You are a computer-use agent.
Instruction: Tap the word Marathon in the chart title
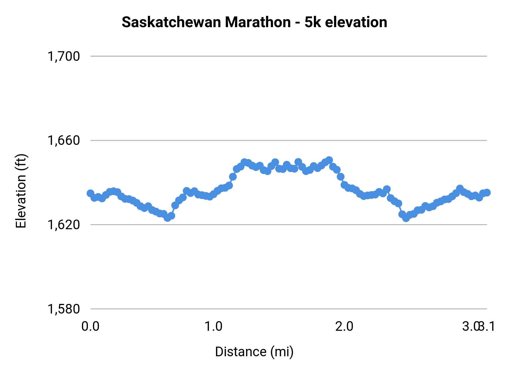258,22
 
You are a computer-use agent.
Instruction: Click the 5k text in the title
313,22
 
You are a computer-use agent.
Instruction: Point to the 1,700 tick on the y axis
64,56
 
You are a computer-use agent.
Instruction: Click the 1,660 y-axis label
64,140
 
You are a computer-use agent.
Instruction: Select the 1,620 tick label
64,225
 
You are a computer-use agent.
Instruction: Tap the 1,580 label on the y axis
64,309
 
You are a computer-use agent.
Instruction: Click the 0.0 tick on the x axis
90,326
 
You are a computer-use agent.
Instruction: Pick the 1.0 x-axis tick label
213,326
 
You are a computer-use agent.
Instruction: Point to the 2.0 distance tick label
344,326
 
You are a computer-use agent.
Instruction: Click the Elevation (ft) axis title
21,191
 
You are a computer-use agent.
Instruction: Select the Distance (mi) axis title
254,352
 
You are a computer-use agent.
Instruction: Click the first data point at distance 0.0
90,193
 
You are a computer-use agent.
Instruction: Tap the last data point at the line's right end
487,192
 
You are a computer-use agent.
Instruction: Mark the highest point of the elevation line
329,160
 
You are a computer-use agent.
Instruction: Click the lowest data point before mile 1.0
167,218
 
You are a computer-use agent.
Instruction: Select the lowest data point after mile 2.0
406,218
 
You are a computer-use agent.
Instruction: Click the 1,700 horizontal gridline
283,56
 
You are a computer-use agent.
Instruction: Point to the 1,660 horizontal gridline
283,140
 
